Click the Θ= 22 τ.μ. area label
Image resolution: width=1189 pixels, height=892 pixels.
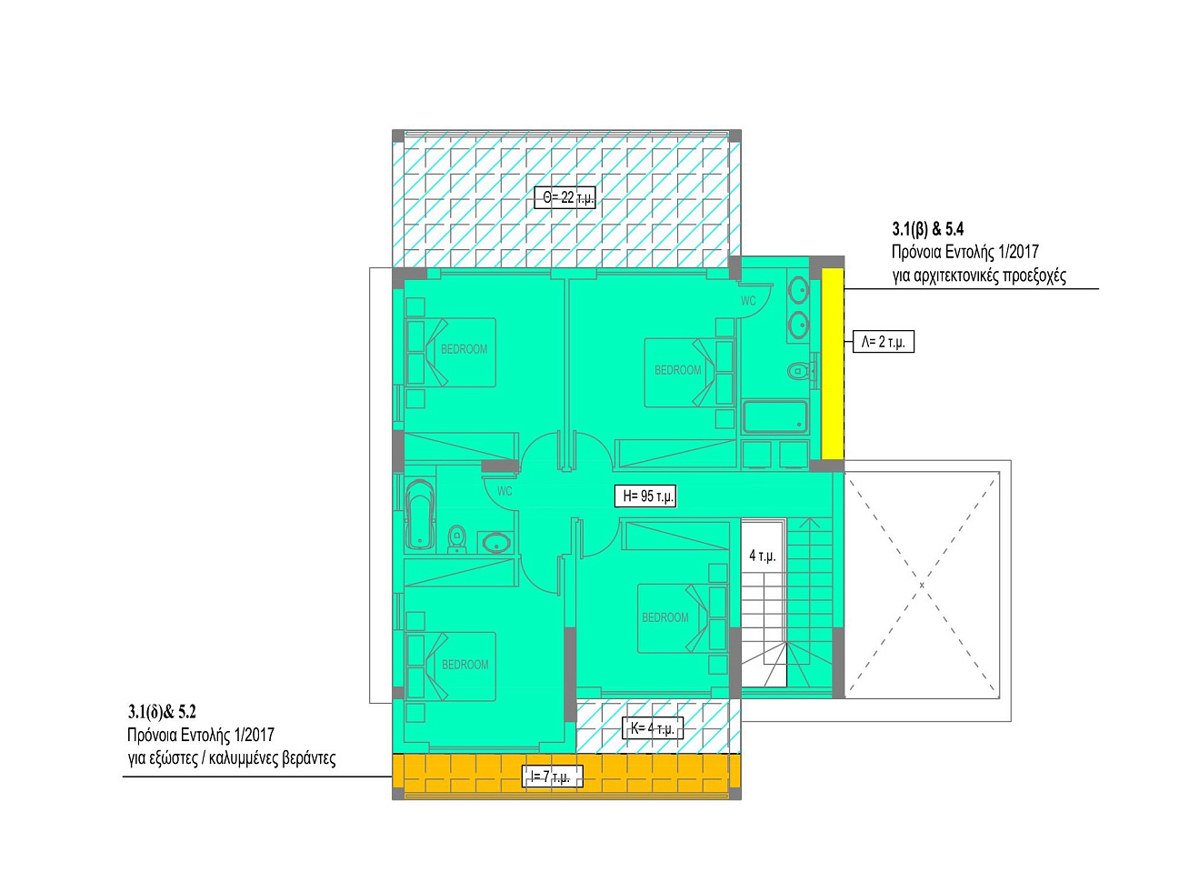coord(565,197)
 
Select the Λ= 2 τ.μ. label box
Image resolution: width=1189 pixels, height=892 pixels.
coord(883,342)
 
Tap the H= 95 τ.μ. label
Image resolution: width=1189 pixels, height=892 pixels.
coord(645,496)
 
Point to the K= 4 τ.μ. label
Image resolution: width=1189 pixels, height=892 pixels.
coord(653,728)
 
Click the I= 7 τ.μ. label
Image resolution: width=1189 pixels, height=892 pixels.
coord(553,777)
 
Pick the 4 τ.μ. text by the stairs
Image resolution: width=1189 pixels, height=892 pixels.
coord(762,556)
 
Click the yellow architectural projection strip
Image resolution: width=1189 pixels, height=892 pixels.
coord(833,364)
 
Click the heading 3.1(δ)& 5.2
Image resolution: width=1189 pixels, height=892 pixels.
coord(163,712)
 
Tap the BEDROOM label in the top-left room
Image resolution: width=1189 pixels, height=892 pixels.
coord(464,349)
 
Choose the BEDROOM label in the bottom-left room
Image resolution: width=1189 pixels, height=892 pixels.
coord(465,665)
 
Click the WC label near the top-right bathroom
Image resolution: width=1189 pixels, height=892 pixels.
coord(748,301)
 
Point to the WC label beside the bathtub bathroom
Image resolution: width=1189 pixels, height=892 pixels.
coord(505,491)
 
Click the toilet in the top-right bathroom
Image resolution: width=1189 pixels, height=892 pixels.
coord(798,371)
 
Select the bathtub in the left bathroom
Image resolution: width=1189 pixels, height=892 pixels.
coord(420,514)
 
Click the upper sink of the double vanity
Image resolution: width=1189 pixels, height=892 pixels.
coord(798,291)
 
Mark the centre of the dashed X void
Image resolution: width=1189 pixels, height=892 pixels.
coord(922,585)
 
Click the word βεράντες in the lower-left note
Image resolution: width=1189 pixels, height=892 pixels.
coord(309,758)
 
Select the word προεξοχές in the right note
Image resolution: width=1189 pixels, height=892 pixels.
coord(1034,276)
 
